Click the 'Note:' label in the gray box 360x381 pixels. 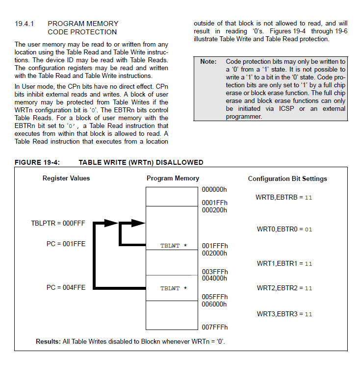[x=208, y=62]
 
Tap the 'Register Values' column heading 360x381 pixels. [x=66, y=178]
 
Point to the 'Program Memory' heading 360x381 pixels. [x=173, y=178]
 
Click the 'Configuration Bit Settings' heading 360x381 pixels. [x=287, y=178]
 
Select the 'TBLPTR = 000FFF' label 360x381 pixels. [x=58, y=223]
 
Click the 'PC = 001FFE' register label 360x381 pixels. [x=66, y=244]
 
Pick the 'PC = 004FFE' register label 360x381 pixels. [x=66, y=288]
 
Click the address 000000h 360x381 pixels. [x=215, y=190]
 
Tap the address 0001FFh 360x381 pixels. [x=215, y=202]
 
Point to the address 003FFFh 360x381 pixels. [x=215, y=272]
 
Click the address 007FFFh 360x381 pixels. [x=215, y=327]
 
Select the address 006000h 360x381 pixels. [x=215, y=304]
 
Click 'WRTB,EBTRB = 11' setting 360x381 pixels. [x=284, y=197]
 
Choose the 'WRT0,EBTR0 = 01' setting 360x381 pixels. [x=284, y=229]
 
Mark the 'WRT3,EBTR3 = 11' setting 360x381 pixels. [x=284, y=314]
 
